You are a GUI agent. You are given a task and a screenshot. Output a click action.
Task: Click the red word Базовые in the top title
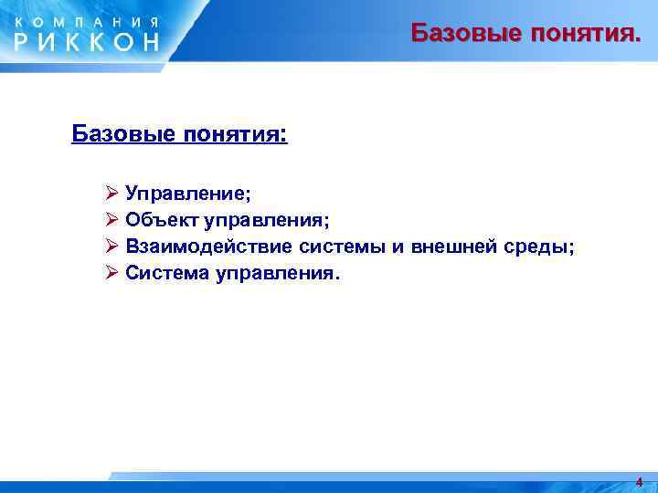[x=462, y=34]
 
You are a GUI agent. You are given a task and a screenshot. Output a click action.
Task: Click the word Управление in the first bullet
[x=188, y=194]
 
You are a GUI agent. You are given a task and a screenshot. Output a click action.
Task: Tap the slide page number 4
[x=639, y=482]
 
